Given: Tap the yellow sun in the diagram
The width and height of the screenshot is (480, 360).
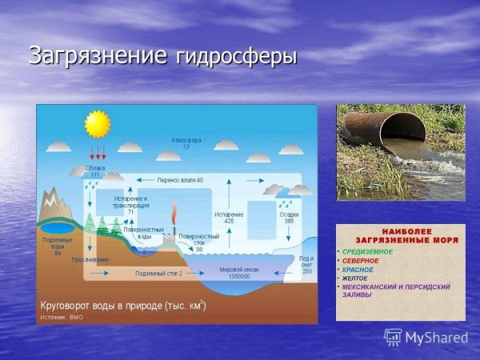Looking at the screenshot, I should point(97,124).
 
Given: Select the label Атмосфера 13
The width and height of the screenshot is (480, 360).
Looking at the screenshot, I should point(186,144).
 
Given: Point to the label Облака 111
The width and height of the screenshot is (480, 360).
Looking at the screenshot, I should point(96,171).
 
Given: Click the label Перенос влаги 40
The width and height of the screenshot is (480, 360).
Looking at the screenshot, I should point(179,180).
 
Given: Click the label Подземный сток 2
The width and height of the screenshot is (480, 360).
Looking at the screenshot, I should point(158,274).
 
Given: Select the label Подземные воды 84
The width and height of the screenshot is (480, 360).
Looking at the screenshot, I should point(57,246).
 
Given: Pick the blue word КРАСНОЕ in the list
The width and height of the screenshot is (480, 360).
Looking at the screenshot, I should point(360,270).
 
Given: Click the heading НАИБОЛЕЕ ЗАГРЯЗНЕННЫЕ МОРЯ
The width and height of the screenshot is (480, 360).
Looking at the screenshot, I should point(400,233).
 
